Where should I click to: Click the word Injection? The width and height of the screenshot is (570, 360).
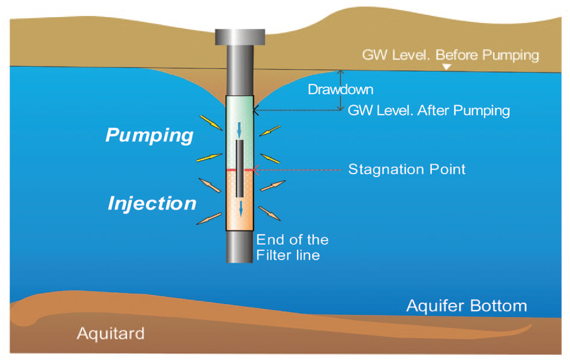152,204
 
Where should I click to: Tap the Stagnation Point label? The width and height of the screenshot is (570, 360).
406,169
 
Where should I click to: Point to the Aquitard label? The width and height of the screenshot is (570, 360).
110,333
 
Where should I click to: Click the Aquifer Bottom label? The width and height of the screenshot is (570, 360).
466,306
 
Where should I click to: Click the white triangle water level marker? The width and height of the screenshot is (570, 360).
447,67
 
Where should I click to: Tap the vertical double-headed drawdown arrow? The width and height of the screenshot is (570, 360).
340,90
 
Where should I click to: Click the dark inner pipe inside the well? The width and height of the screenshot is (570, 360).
240,168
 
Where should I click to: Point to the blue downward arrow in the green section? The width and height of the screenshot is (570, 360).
240,129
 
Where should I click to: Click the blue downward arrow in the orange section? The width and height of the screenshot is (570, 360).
240,207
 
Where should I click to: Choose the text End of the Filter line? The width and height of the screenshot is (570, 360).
292,247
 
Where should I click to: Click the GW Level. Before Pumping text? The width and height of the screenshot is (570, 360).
450,55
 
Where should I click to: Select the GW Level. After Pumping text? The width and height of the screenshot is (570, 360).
428,110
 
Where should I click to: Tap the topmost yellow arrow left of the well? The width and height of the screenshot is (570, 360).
211,122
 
